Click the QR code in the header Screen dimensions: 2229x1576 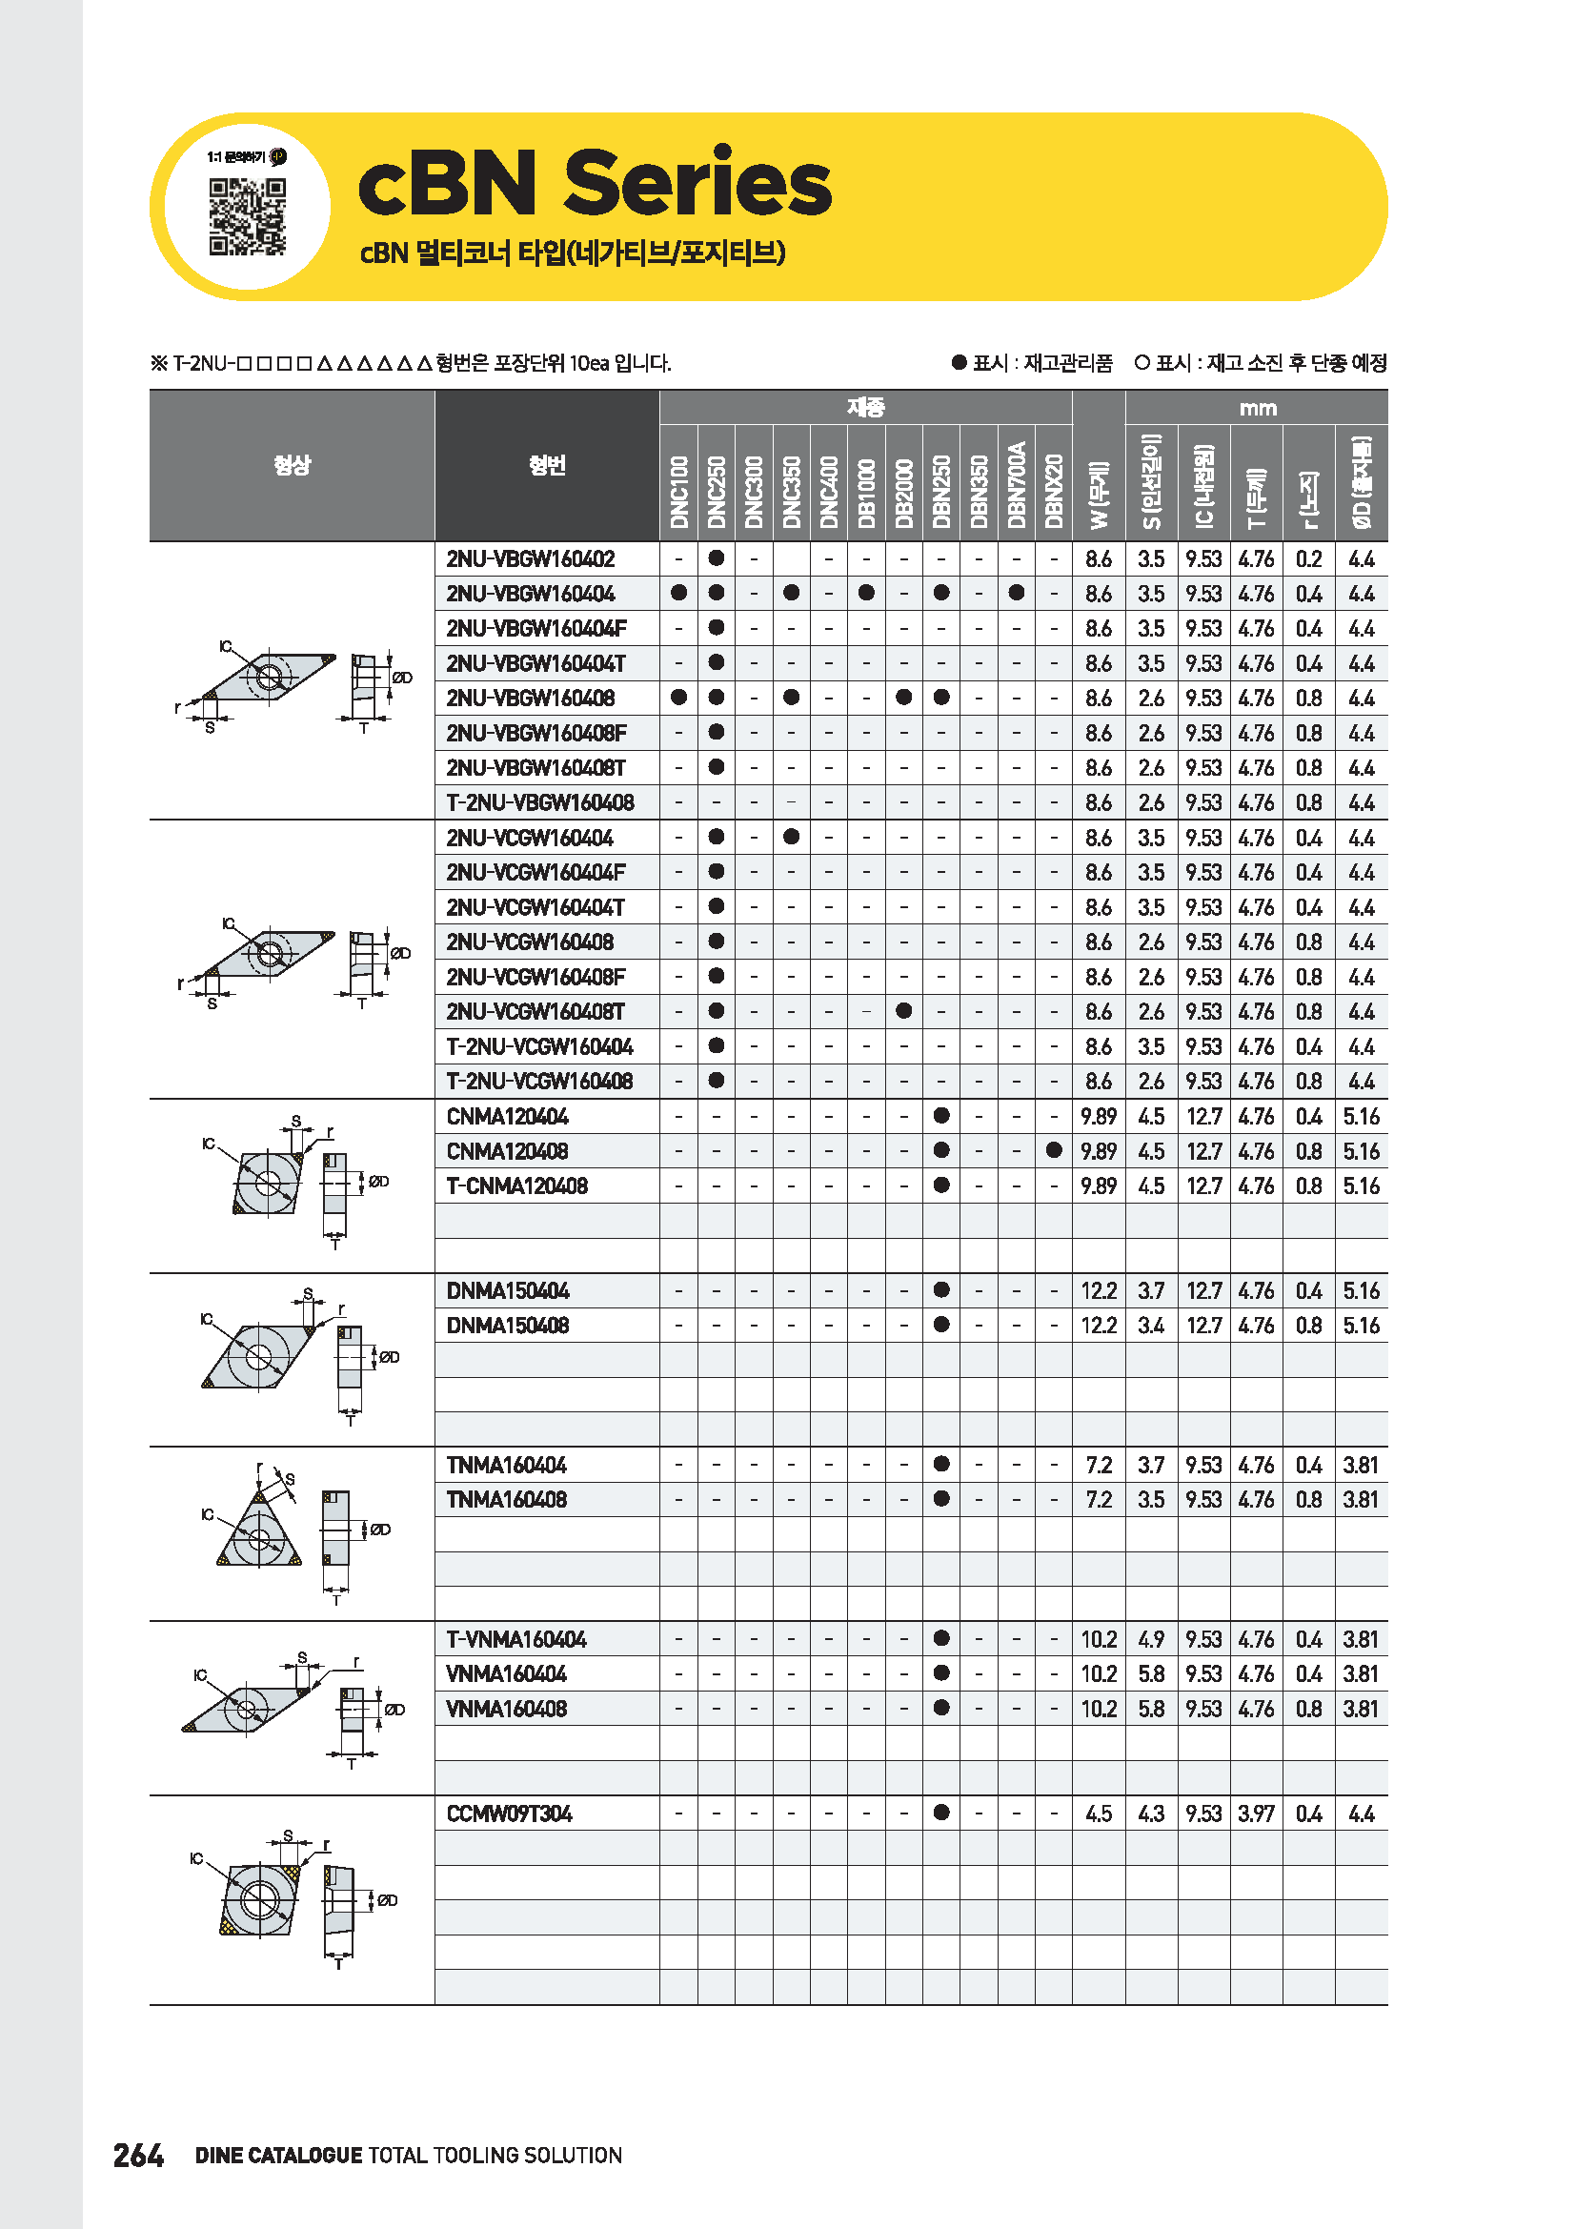[248, 216]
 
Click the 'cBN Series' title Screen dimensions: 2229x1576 [594, 184]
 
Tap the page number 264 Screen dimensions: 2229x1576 [138, 2155]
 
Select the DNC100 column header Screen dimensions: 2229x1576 [678, 491]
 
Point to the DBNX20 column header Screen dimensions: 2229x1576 [1054, 491]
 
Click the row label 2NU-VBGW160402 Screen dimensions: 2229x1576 [530, 559]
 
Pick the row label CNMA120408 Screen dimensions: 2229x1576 [507, 1151]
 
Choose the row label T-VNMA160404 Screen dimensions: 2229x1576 [515, 1640]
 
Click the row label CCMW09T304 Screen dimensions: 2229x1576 [509, 1814]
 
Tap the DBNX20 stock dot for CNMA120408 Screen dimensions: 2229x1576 [1054, 1150]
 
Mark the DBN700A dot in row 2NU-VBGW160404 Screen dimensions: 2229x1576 [1016, 593]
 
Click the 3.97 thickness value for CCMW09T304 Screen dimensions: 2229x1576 [1256, 1814]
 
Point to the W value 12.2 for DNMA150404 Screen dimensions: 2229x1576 [1099, 1291]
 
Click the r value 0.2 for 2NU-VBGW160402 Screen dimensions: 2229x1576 [1308, 559]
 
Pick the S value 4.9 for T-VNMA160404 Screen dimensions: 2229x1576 [1151, 1640]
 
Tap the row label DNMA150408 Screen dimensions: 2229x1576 [507, 1327]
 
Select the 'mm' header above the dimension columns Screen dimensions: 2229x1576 [1257, 409]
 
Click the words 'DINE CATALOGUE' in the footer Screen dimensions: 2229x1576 [277, 2156]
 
